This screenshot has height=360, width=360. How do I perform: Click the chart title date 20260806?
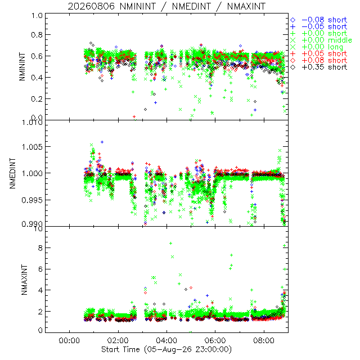pos(91,6)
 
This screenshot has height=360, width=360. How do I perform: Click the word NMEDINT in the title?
pos(191,6)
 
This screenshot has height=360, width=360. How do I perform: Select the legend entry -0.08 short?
pos(319,20)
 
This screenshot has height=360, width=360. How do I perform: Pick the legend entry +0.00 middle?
pos(321,40)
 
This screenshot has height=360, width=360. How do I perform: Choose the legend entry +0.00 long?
pos(317,47)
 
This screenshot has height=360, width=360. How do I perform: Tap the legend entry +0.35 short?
pos(319,67)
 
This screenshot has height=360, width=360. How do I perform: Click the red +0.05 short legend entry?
pos(319,54)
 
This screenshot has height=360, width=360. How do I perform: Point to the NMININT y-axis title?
pos(22,66)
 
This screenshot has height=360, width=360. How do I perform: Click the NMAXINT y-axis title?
pos(24,280)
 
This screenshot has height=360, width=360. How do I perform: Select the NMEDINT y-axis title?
pos(12,173)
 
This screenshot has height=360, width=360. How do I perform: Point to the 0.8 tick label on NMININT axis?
pos(37,35)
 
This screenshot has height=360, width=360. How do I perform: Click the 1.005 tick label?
pos(32,147)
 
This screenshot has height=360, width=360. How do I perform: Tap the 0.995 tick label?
pos(32,200)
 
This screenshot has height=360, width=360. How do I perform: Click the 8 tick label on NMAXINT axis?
pos(40,248)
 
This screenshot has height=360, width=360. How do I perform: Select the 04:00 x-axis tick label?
pos(166,340)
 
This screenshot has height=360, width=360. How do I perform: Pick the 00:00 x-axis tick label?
pos(69,340)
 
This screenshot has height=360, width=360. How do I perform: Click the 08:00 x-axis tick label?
pos(264,340)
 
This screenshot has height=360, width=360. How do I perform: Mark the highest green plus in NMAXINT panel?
pos(170,244)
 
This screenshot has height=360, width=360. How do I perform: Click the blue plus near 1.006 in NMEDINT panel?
pos(102,142)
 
